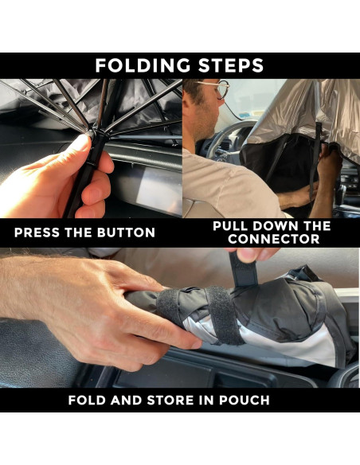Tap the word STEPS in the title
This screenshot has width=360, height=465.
tap(231, 65)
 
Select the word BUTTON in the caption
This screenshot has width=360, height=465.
tap(127, 232)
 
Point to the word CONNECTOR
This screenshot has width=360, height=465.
tap(274, 239)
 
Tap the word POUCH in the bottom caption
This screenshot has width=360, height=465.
tap(245, 400)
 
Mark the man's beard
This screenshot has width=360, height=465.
tap(205, 124)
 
